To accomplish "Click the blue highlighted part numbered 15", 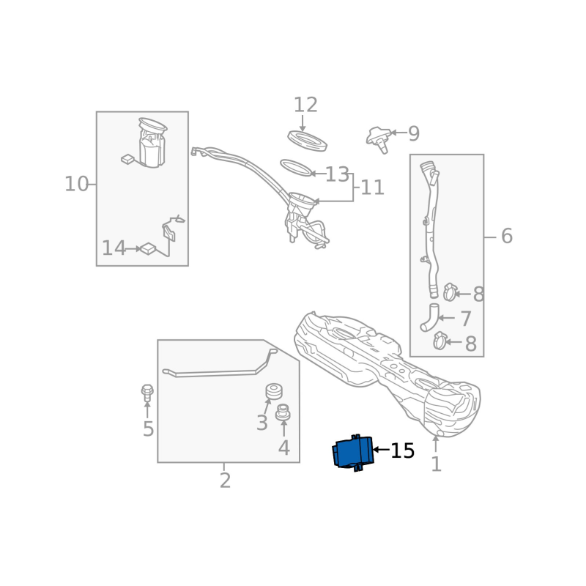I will point(353,452).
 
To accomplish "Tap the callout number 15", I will point(402,451).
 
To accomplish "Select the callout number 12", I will point(305,105).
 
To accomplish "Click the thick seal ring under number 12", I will point(307,139).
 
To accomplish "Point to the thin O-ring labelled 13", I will point(295,168).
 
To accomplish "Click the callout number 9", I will point(414,134).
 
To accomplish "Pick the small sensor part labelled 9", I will point(379,137).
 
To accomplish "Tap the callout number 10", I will point(76,185).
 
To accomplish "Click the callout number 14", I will point(114,249).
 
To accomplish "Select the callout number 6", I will point(506,237).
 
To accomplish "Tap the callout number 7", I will point(466,319).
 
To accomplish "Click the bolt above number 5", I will point(147,392).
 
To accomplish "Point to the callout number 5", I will point(148,429).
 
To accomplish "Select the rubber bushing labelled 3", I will point(274,391).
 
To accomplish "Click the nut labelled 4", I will point(283,414).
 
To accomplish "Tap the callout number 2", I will point(225,481).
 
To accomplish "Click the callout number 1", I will point(436,464).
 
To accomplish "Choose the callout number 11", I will point(372,188).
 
